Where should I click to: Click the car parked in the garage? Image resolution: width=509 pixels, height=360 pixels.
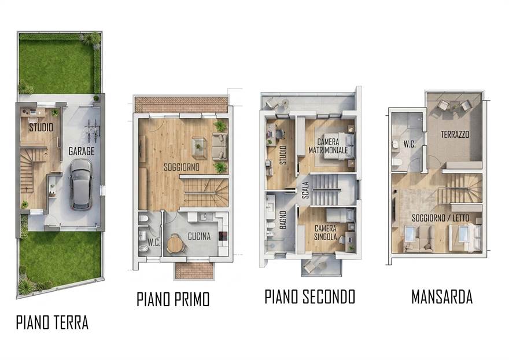coord(81,184)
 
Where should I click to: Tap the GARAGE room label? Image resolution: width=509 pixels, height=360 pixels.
coord(82,151)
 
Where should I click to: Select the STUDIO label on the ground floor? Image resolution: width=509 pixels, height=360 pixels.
coord(41,127)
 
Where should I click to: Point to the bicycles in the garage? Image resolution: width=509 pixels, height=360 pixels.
coord(92,131)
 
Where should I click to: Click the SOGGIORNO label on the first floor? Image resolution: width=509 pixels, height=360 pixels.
coord(182,167)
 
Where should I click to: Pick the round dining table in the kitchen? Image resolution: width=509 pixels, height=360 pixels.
coord(175,244)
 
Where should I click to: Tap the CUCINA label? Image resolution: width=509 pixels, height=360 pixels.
coord(199,236)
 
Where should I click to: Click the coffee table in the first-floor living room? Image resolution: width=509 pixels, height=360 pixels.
coord(199,148)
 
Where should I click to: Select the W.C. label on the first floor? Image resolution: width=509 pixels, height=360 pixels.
coord(154,243)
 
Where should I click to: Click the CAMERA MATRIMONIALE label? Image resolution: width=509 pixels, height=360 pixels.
coord(328,146)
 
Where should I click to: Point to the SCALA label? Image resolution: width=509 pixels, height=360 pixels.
coord(305,190)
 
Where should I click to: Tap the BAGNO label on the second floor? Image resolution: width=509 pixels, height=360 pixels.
coord(283,219)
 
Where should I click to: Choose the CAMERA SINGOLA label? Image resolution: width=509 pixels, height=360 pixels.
coord(326,233)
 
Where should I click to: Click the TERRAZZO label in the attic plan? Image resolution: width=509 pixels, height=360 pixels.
coord(455,134)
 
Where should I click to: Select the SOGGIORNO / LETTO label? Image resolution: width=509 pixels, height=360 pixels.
coord(441,218)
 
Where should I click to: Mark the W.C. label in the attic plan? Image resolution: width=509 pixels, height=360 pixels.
coord(410,144)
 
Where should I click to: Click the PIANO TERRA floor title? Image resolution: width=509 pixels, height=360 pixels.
coord(52,322)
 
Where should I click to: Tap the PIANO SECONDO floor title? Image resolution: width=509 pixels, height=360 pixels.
coord(310,297)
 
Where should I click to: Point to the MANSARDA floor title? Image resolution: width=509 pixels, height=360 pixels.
coord(442,297)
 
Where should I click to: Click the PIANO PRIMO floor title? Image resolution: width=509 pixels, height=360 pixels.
coord(173,299)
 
